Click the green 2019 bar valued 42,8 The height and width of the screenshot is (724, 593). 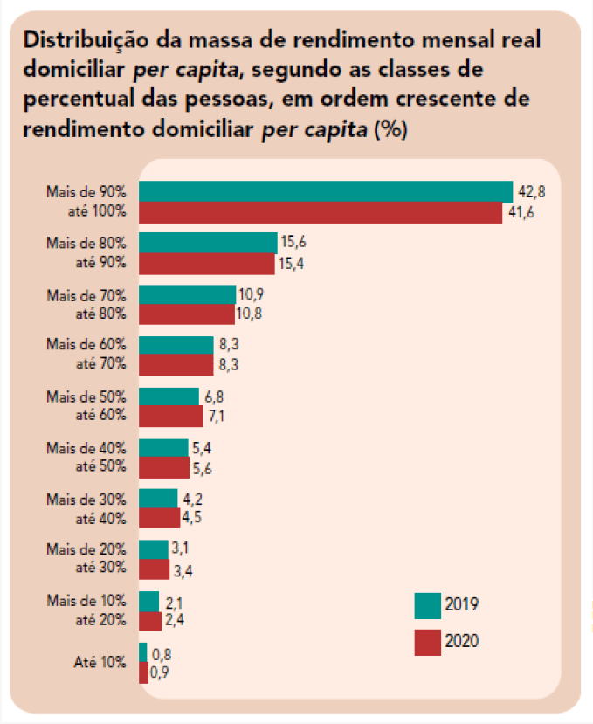click(x=325, y=191)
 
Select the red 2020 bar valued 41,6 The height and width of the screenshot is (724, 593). click(x=320, y=212)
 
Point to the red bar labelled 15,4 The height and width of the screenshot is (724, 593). click(x=206, y=263)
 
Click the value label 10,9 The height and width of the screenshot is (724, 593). click(x=252, y=294)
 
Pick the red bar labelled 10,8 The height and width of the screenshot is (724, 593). click(x=186, y=314)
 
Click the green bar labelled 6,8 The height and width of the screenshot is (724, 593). click(x=169, y=396)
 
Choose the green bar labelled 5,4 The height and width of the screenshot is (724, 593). click(x=163, y=447)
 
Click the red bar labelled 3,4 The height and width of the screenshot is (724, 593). click(x=154, y=569)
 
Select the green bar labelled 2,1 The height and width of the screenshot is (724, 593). click(x=148, y=601)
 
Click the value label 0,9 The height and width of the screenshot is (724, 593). click(x=159, y=673)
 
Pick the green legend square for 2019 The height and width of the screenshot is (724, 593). click(x=427, y=604)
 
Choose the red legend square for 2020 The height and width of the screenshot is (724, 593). click(x=427, y=642)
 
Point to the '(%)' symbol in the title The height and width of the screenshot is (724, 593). click(x=389, y=131)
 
